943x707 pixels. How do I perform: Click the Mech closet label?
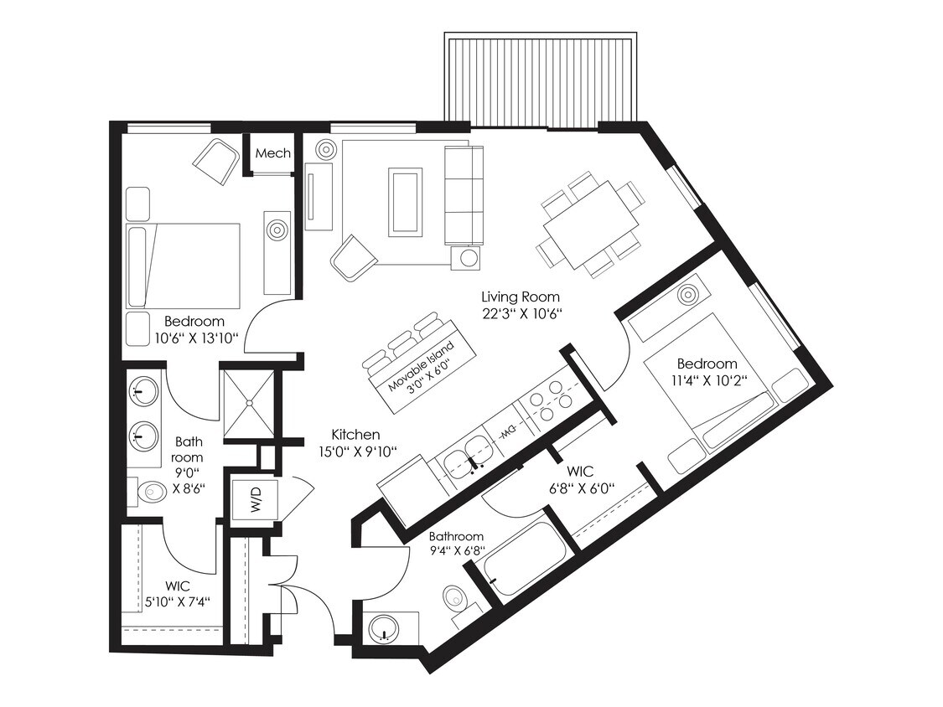point(272,153)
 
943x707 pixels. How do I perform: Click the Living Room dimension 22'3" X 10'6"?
point(520,314)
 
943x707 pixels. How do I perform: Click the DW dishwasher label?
point(507,432)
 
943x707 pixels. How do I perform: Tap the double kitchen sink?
point(466,460)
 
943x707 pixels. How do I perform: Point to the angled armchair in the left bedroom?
point(217,163)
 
